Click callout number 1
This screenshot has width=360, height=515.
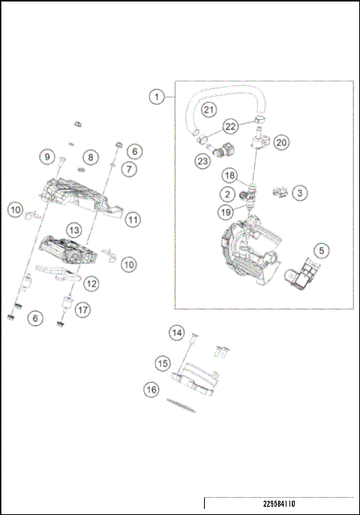pos(156,97)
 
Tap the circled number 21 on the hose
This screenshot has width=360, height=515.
pos(208,110)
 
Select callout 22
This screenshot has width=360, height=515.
pos(231,126)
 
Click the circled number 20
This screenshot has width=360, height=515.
pos(280,142)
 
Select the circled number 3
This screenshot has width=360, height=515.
pos(299,193)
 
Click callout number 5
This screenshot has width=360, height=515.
pos(321,250)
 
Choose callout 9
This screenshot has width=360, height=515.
pos(48,157)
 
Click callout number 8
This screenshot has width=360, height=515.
pos(91,157)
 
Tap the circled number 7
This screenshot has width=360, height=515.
pos(130,169)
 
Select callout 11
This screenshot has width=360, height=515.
pos(132,220)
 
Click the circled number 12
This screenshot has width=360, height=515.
pos(91,283)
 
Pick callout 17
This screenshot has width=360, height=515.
pos(81,308)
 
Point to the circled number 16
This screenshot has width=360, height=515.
pos(152,389)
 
